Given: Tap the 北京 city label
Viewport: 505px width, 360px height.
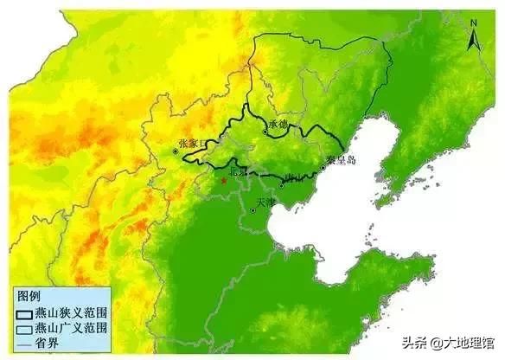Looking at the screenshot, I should coord(234,172).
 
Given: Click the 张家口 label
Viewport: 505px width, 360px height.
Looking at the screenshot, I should coord(190,143).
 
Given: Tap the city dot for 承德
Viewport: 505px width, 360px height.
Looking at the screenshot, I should coord(265,132).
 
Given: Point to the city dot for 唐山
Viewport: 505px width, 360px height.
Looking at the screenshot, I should coord(282,183).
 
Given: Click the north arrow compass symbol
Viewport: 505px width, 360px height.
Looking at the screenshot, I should coord(475,40).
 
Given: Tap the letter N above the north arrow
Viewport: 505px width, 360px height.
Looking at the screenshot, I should coord(475,22).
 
